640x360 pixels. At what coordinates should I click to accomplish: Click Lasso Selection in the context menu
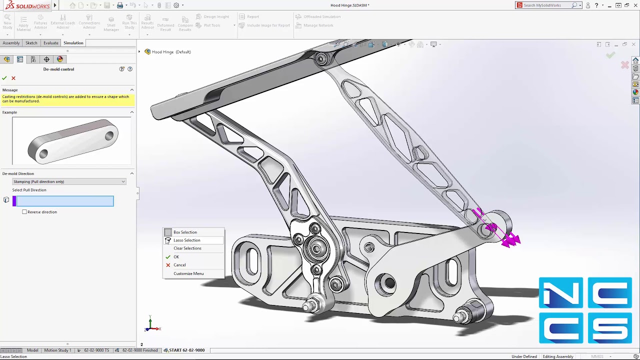pyautogui.click(x=186, y=240)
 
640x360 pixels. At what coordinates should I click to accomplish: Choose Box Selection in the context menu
pyautogui.click(x=185, y=232)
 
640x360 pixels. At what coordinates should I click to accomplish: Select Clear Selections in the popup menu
pyautogui.click(x=187, y=248)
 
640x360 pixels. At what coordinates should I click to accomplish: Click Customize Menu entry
pyautogui.click(x=188, y=273)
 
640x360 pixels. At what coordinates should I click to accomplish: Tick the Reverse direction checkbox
pyautogui.click(x=24, y=212)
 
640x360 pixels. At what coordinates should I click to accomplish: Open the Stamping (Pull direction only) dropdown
pyautogui.click(x=69, y=181)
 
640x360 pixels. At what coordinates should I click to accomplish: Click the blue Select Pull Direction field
pyautogui.click(x=65, y=201)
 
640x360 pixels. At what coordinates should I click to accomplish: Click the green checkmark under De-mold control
pyautogui.click(x=4, y=78)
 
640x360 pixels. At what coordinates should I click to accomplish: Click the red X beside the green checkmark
pyautogui.click(x=13, y=78)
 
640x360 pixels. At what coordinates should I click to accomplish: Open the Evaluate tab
pyautogui.click(x=50, y=43)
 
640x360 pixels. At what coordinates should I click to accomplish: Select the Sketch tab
pyautogui.click(x=31, y=43)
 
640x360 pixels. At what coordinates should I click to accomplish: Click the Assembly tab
pyautogui.click(x=11, y=43)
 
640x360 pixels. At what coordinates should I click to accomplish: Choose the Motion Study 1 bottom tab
pyautogui.click(x=57, y=350)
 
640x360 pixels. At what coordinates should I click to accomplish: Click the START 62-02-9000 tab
pyautogui.click(x=186, y=350)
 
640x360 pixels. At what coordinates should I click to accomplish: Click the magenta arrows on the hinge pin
pyautogui.click(x=510, y=240)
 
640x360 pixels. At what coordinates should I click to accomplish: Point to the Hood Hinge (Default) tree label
pyautogui.click(x=171, y=52)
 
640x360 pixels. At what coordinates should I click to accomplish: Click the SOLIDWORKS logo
pyautogui.click(x=28, y=5)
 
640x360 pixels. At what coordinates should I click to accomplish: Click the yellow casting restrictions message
pyautogui.click(x=67, y=99)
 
